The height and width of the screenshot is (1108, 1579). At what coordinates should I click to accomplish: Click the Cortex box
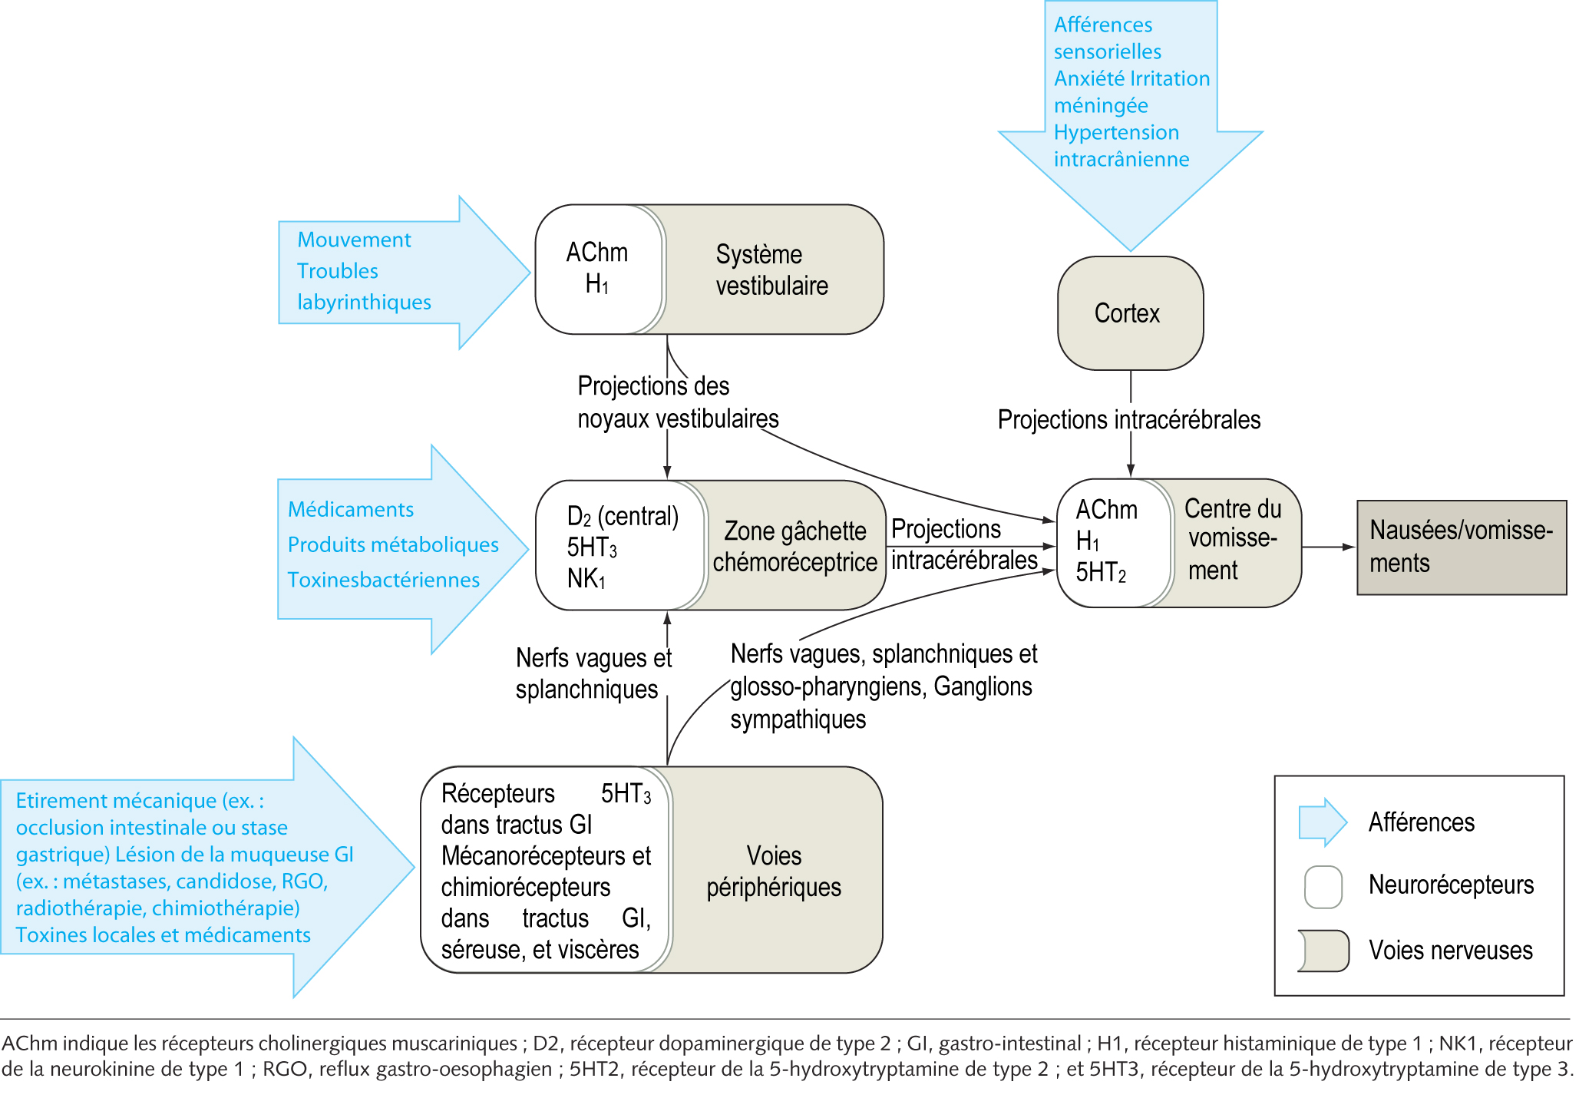[1129, 313]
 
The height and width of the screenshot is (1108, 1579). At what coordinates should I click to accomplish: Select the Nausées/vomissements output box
[1461, 547]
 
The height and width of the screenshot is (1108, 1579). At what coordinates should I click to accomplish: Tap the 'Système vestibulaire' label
[771, 270]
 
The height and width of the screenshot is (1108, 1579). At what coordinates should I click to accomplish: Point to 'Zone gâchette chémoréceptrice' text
[794, 546]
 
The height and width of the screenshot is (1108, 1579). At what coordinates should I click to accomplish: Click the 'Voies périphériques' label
[774, 871]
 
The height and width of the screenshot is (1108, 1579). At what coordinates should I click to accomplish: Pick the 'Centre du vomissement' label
[1233, 539]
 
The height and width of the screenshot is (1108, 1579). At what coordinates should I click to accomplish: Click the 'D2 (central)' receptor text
[623, 516]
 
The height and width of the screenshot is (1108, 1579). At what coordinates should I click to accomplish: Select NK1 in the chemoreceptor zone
[586, 578]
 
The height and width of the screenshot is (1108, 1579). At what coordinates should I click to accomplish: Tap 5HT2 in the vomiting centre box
[1100, 572]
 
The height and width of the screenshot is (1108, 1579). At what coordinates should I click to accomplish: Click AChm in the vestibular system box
[596, 253]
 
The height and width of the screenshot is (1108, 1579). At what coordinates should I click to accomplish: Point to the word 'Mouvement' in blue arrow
[354, 240]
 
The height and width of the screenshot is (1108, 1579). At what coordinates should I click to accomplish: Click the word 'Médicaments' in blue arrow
[350, 509]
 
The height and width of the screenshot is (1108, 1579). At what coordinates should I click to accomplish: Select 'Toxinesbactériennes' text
[383, 580]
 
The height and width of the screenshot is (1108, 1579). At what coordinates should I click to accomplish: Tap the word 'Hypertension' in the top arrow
[1116, 132]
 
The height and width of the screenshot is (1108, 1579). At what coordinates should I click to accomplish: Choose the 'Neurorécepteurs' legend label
[1451, 885]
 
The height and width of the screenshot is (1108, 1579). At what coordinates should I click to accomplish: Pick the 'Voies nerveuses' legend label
[1450, 951]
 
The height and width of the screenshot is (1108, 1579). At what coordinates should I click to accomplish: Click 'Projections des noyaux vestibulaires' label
[677, 402]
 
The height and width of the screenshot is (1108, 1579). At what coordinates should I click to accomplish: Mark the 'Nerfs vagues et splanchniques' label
[593, 673]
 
